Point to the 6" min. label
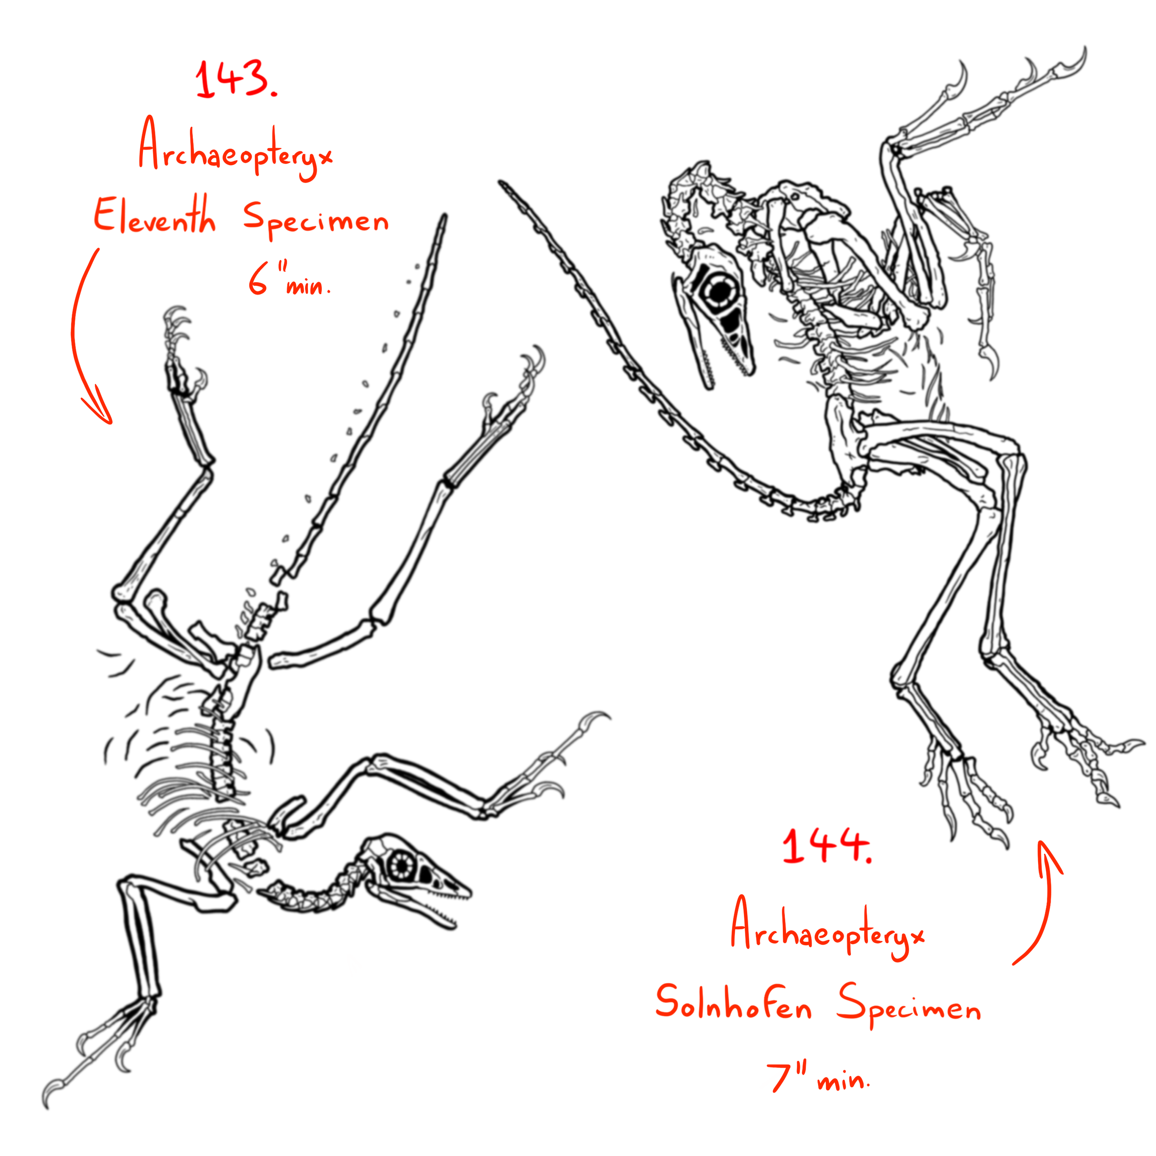pos(289,281)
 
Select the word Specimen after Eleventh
pos(316,220)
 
